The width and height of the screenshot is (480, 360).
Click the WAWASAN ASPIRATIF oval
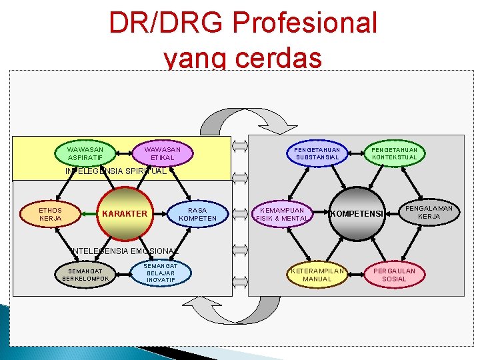(x=85, y=154)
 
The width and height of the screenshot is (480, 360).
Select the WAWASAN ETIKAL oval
(x=163, y=154)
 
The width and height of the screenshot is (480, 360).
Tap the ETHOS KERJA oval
(x=51, y=214)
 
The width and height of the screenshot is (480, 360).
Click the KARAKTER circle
(x=124, y=214)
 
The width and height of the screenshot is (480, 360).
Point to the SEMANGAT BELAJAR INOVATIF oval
(x=161, y=272)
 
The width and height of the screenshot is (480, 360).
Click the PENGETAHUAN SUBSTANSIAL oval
(x=317, y=154)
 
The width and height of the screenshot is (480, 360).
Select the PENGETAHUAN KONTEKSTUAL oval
(x=394, y=154)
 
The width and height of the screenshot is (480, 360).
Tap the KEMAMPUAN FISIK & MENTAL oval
(x=282, y=214)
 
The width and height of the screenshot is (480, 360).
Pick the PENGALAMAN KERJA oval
(x=429, y=213)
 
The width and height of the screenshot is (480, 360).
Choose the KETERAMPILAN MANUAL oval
(x=317, y=275)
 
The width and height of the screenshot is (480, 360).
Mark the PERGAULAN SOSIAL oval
(x=394, y=275)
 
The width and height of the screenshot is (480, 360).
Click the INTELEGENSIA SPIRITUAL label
(x=115, y=171)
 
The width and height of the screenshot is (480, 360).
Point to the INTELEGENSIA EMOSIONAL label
(x=125, y=251)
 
